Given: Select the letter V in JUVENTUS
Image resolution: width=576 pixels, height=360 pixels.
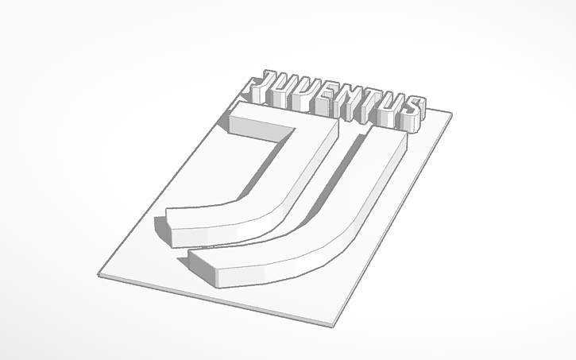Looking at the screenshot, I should click(306, 95).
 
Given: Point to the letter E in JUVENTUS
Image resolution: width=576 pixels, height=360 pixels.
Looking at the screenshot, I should click(327, 101).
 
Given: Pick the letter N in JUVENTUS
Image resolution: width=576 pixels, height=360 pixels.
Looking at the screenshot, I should click(350, 106).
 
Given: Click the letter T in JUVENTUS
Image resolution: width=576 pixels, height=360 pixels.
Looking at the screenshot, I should click(372, 110).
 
